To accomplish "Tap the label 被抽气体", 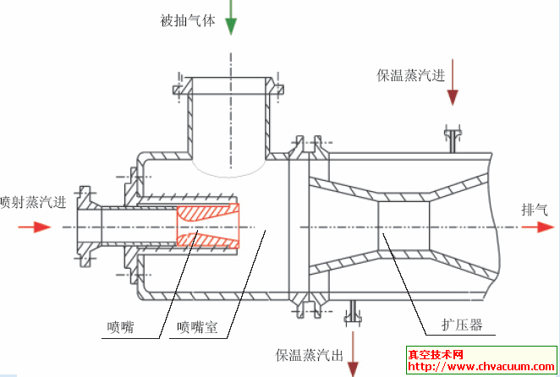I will pos(185,19).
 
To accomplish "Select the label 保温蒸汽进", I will pos(411,75).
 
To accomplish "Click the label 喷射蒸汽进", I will pos(33,202).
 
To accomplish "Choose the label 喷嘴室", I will pos(197,327).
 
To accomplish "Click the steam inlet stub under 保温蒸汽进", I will pos(453,139).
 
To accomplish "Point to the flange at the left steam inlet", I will pos(85,227).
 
